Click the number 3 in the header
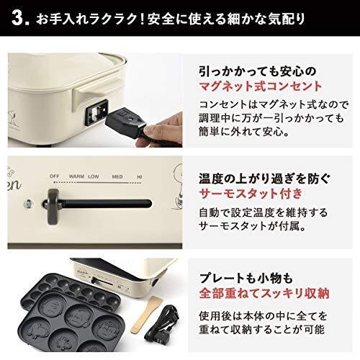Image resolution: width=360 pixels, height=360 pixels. pyautogui.click(x=19, y=17)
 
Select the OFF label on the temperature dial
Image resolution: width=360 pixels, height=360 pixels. pyautogui.click(x=54, y=175)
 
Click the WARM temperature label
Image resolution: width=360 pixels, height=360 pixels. pyautogui.click(x=76, y=175)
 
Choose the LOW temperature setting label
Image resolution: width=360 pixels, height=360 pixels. pyautogui.click(x=94, y=175)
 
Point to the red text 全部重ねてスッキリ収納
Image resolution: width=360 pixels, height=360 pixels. pyautogui.click(x=265, y=294)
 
